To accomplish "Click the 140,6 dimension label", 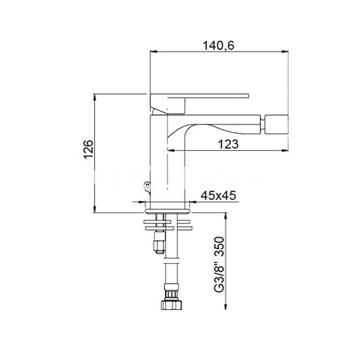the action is coord(219,44).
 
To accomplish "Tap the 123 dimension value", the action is coord(229,144).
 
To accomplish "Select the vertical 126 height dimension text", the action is coord(88,150).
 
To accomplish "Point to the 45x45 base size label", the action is coord(218,196).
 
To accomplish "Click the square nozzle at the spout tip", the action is coord(276,124).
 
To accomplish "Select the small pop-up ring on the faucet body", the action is coord(146,185).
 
